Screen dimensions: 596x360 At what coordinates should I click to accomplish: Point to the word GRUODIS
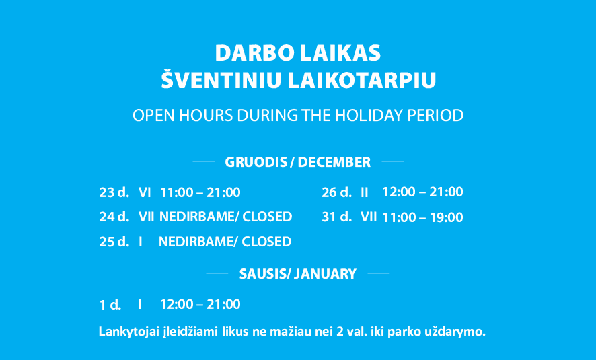(x=256, y=162)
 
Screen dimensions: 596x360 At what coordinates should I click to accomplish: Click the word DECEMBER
(x=334, y=162)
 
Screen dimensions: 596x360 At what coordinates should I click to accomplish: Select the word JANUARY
(x=326, y=274)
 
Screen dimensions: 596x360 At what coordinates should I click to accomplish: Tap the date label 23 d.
(x=114, y=192)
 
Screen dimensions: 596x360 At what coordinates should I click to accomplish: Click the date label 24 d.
(x=114, y=217)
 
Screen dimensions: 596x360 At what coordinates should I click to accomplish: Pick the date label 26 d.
(x=336, y=192)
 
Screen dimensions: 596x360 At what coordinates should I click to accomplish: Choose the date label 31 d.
(x=336, y=217)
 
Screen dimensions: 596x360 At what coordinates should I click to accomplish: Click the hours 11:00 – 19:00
(x=422, y=217)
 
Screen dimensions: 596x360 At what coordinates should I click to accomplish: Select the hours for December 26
(x=422, y=192)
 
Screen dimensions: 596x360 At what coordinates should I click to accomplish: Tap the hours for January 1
(x=200, y=304)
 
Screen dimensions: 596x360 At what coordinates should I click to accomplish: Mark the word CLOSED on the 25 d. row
(x=266, y=242)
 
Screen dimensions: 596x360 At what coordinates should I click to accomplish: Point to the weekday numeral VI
(x=145, y=192)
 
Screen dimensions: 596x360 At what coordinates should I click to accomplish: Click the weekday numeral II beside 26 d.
(x=365, y=192)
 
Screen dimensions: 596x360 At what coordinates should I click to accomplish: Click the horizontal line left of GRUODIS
(x=204, y=161)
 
